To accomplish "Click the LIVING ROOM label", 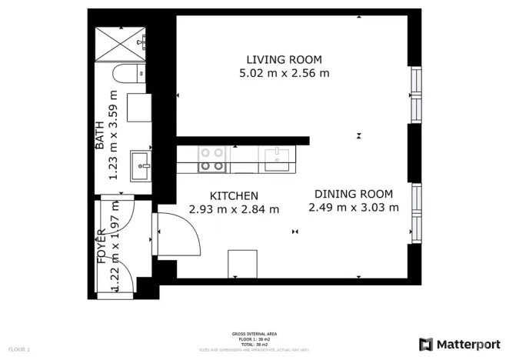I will coord(284,60).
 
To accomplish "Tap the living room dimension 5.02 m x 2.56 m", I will coord(284,74).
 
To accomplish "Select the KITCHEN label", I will coord(234,196).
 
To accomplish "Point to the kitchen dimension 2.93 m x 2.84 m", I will coord(234,209).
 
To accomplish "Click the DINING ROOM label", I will coord(354,195).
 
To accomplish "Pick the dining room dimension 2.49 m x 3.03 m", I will coord(354,208).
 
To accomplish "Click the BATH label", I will coord(100,135).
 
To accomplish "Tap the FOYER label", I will coord(101,247).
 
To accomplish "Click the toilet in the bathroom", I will coord(123,75).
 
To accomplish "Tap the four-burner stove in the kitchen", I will coord(211,159).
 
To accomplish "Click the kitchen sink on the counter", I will coord(278,159).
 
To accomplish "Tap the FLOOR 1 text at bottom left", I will coord(19,349).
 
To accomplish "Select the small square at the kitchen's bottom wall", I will coord(241,264).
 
